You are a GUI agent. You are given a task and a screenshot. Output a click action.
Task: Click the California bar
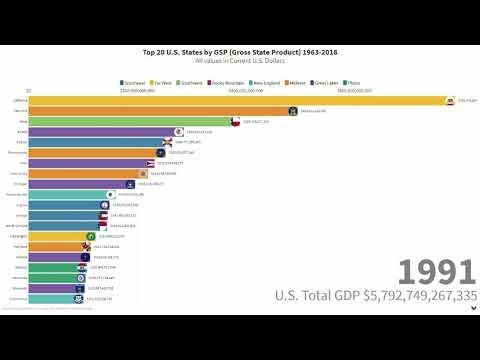(x=240, y=100)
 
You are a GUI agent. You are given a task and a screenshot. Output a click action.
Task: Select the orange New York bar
(x=160, y=111)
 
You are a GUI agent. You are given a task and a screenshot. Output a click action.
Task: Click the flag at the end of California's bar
(x=451, y=100)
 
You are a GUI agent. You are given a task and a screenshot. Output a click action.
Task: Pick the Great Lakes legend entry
(x=335, y=82)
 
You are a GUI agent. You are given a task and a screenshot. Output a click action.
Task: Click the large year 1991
(x=436, y=272)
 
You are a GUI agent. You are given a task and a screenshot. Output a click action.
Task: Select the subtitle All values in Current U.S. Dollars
(x=240, y=61)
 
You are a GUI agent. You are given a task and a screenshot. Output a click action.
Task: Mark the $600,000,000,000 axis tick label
(x=354, y=90)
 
